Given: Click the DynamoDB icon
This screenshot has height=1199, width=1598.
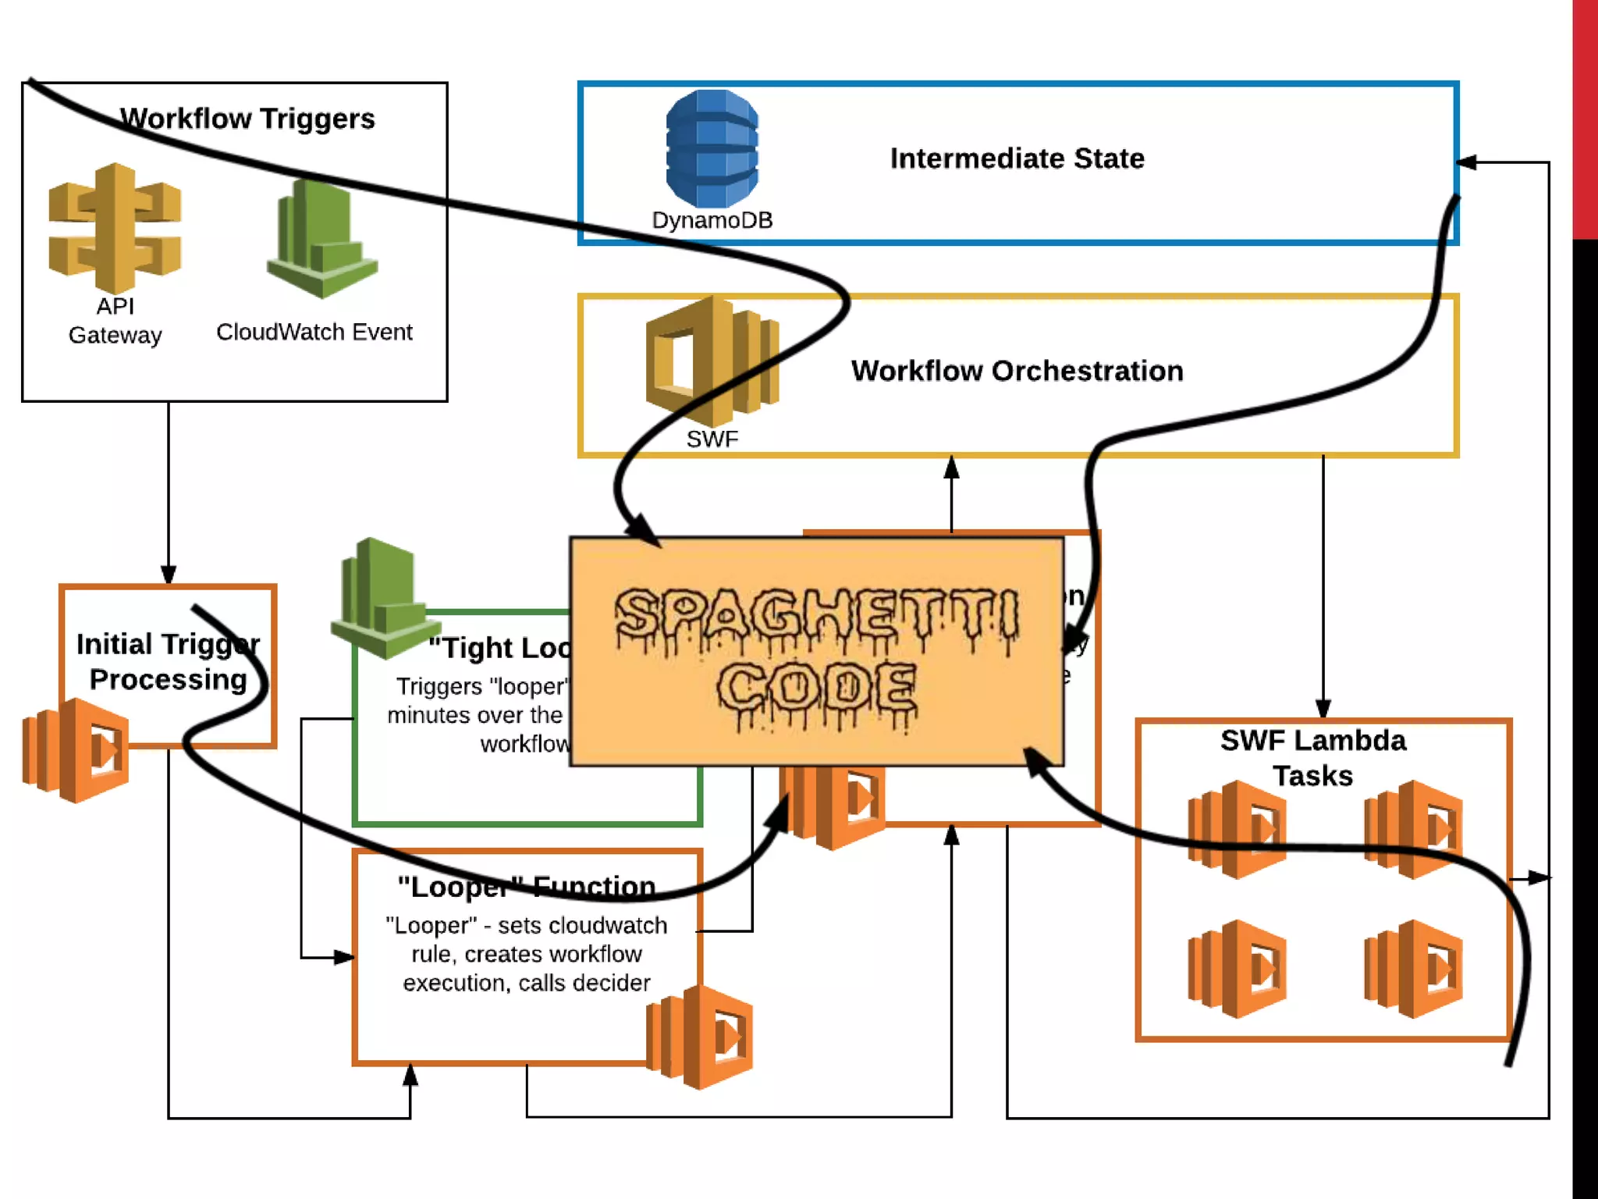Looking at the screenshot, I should (712, 148).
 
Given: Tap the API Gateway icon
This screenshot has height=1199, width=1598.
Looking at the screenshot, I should (115, 227).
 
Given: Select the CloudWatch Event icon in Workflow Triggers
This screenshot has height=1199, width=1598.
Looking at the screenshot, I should (321, 239).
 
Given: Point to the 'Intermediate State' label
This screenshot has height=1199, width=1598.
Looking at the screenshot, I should (1017, 158).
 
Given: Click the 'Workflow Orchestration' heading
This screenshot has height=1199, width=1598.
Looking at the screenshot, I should (1017, 371).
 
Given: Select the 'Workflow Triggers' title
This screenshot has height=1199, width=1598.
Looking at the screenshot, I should (247, 119).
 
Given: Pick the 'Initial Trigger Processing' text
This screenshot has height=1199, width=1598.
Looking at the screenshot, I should (168, 662).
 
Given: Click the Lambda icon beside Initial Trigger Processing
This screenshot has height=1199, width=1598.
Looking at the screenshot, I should (76, 750).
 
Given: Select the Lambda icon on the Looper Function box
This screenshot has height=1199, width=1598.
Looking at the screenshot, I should (700, 1037).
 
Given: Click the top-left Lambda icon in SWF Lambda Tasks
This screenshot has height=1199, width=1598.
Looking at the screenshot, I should (1237, 829).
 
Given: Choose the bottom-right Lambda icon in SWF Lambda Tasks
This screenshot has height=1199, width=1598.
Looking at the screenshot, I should (1413, 969).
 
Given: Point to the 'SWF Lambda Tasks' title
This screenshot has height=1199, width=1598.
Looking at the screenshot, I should (1313, 757).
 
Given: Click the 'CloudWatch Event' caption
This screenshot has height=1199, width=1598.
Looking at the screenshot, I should (314, 333).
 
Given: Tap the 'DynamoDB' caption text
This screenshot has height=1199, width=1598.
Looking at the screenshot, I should (712, 220).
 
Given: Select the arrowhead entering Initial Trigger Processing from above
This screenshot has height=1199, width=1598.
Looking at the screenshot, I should (169, 575).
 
